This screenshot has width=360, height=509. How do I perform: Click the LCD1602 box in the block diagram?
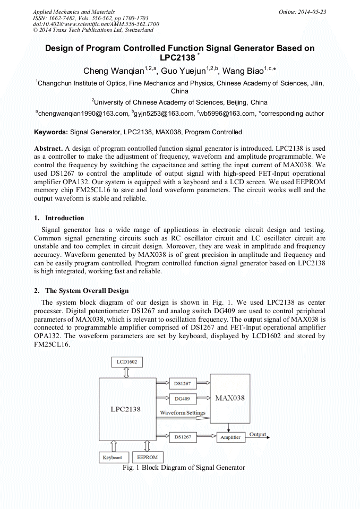pyautogui.click(x=127, y=362)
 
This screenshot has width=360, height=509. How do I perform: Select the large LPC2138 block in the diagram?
pyautogui.click(x=126, y=408)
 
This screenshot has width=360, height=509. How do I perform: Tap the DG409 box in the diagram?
pyautogui.click(x=182, y=398)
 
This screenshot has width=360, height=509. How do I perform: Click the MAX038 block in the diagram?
pyautogui.click(x=229, y=397)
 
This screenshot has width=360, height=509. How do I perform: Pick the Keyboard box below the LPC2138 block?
pyautogui.click(x=112, y=457)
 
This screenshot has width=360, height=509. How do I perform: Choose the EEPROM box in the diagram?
pyautogui.click(x=147, y=457)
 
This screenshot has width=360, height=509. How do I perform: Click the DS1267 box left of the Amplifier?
pyautogui.click(x=182, y=437)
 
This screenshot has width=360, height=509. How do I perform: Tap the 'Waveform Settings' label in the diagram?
pyautogui.click(x=182, y=412)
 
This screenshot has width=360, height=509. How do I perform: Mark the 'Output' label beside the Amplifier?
pyautogui.click(x=258, y=435)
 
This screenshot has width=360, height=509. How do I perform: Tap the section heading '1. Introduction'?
pyautogui.click(x=59, y=218)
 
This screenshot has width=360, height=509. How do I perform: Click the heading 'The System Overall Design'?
pyautogui.click(x=87, y=290)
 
